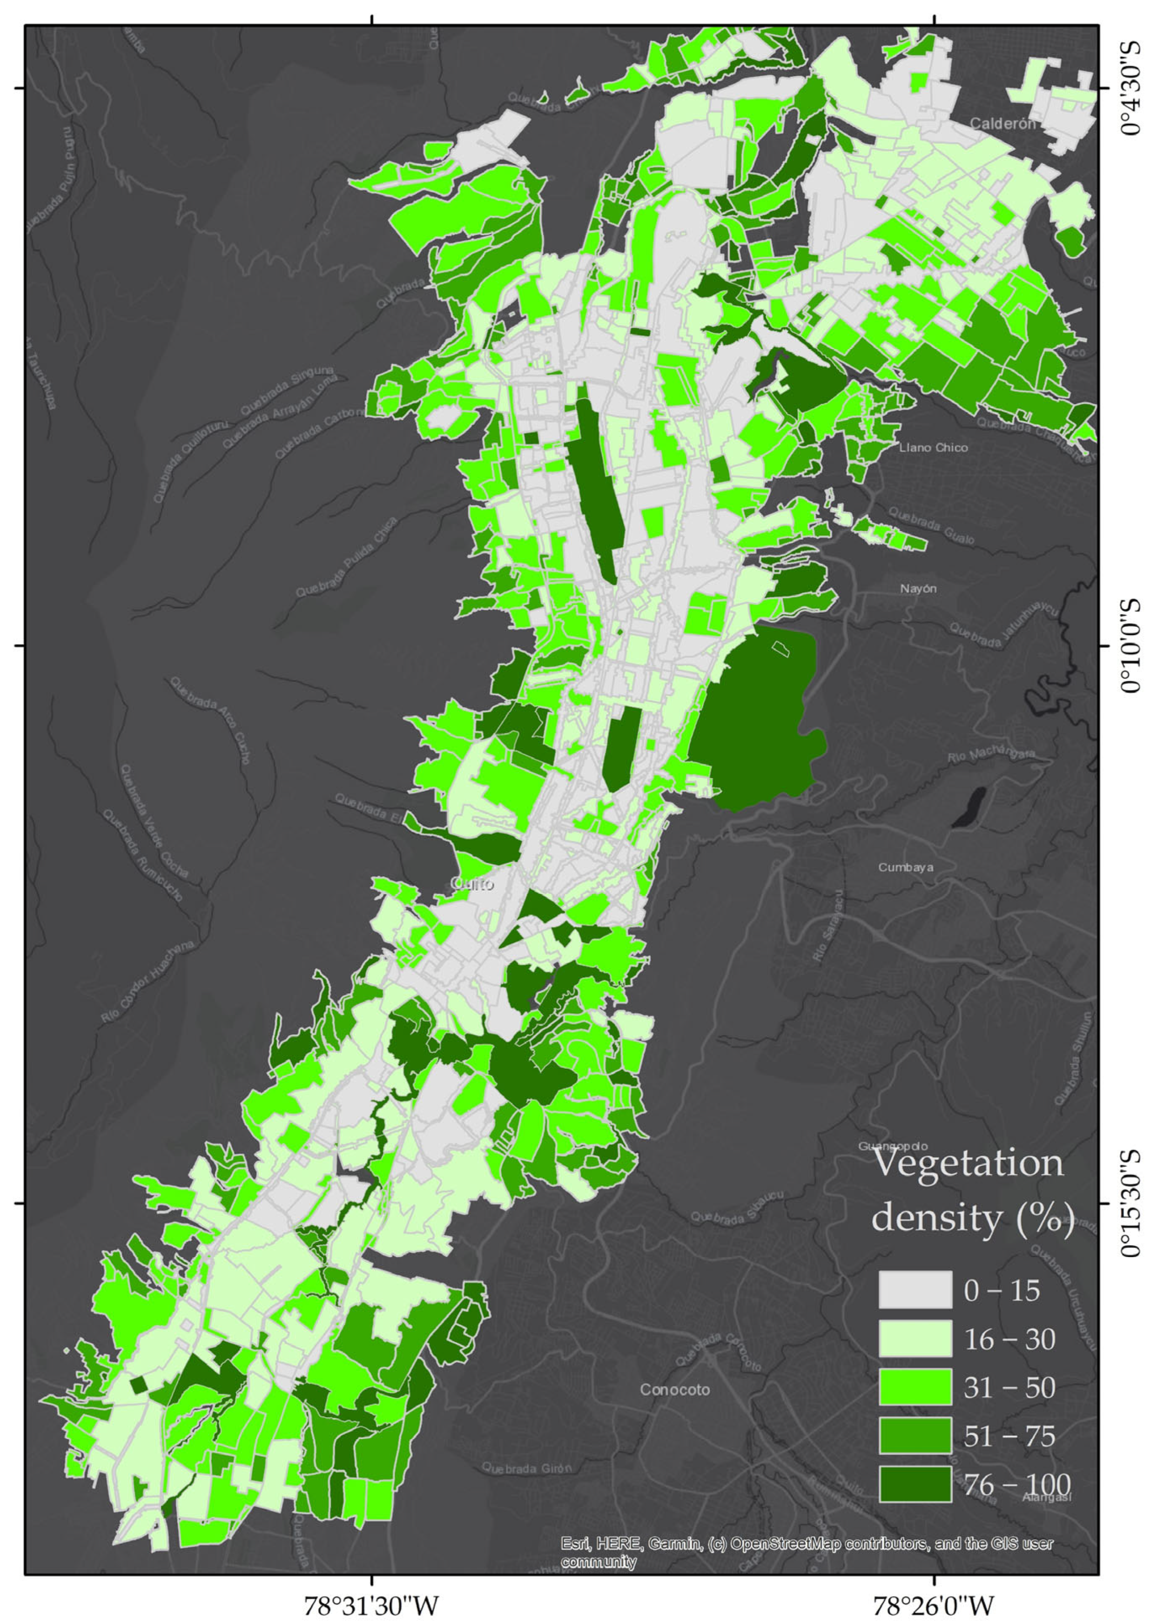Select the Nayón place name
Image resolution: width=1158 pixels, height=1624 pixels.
pos(918,589)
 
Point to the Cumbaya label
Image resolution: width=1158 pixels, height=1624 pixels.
pos(906,868)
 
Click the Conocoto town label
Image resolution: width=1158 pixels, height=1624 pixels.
pos(675,1390)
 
